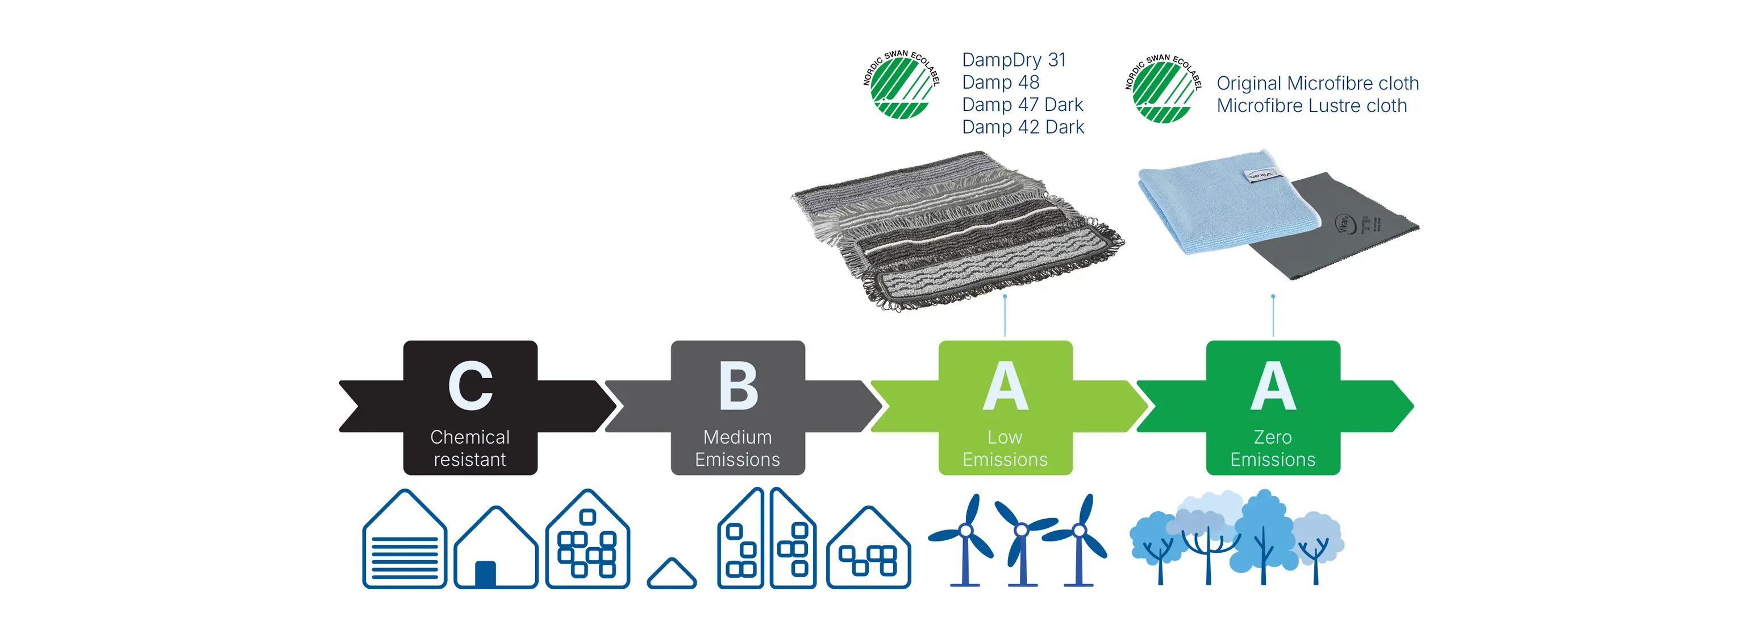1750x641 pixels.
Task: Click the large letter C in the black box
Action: tap(470, 386)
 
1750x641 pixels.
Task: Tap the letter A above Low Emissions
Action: tap(1006, 386)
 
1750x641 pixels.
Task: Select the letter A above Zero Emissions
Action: tap(1273, 386)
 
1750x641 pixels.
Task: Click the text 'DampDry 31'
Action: tap(1014, 60)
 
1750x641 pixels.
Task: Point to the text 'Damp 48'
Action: tap(1000, 82)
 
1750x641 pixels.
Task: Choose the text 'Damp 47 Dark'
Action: tap(1022, 105)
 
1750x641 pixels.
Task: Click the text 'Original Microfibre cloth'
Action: tap(1317, 83)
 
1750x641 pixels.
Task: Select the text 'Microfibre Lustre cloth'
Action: tap(1311, 106)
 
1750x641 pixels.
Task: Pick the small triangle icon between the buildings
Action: tap(671, 574)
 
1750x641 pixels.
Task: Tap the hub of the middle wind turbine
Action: tap(1020, 530)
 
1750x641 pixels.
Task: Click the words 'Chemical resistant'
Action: tap(470, 448)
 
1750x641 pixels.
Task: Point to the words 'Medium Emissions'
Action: tap(738, 448)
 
